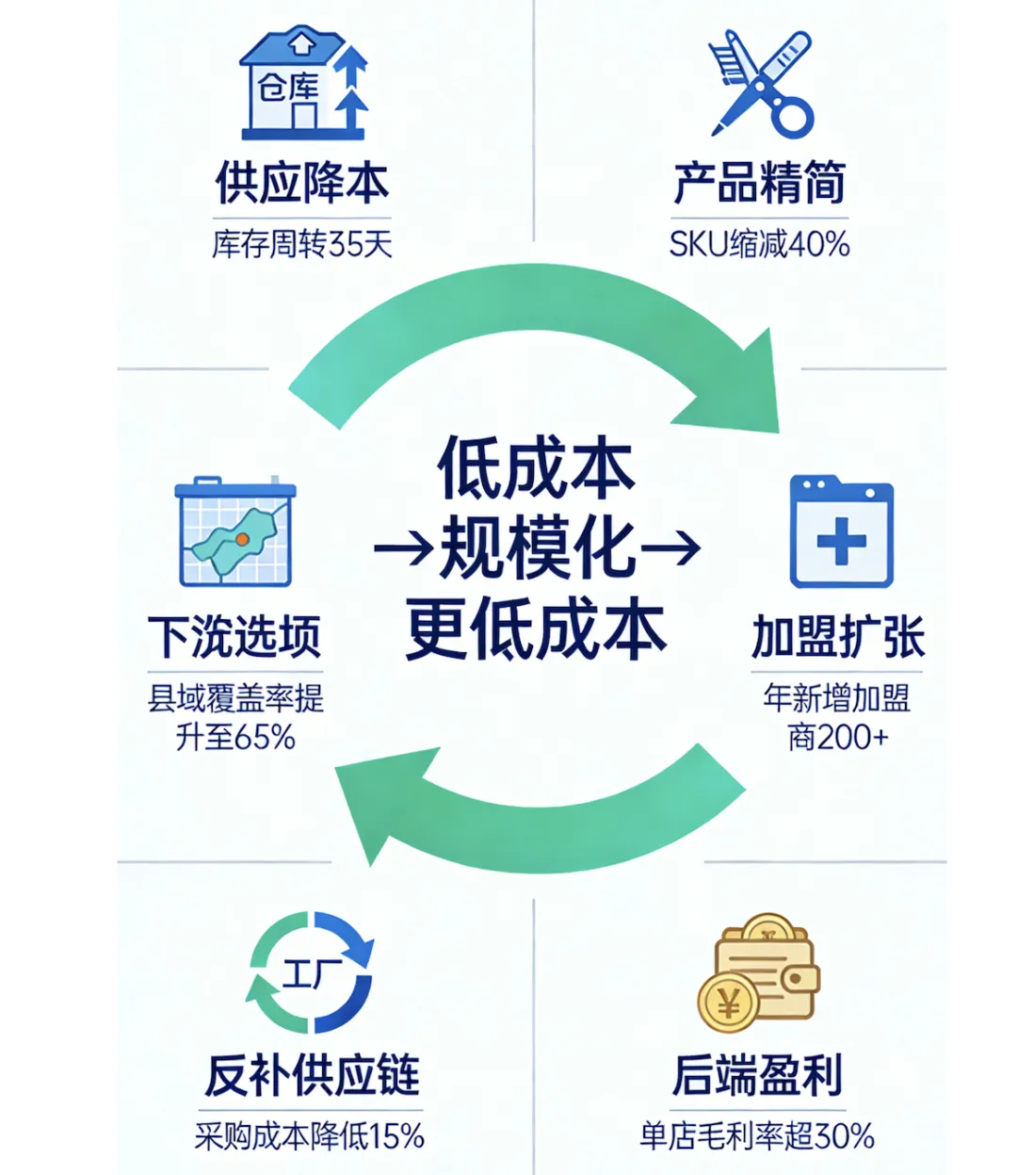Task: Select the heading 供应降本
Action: (301, 182)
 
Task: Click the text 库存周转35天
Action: (301, 245)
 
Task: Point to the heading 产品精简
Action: (759, 182)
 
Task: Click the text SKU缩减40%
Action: (759, 245)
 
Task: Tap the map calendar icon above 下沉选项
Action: (235, 532)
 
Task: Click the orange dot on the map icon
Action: (242, 539)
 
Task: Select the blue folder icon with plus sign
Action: (841, 531)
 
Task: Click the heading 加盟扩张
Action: (838, 638)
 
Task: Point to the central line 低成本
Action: (536, 467)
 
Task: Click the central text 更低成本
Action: (536, 629)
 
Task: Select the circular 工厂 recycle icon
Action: (311, 972)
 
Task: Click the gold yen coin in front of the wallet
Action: (728, 1003)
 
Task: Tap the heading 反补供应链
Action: (312, 1075)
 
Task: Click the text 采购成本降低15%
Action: (310, 1136)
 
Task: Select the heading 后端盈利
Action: (757, 1075)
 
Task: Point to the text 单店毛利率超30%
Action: (757, 1136)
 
